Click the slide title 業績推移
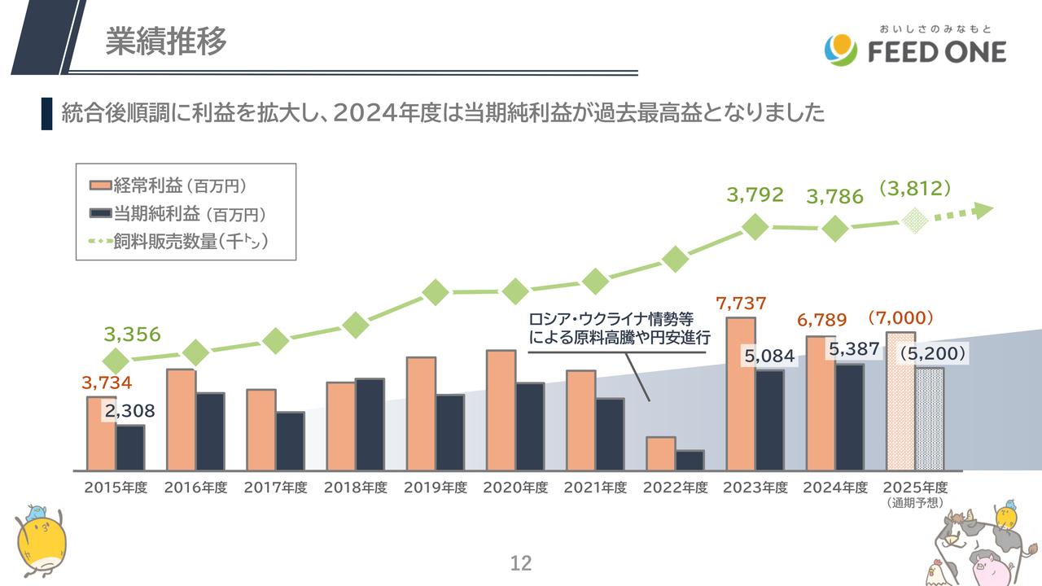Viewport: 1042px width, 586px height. (x=166, y=42)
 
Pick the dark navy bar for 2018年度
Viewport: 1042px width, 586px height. (x=370, y=424)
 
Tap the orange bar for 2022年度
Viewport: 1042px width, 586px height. (x=660, y=453)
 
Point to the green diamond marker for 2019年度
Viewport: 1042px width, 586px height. (x=436, y=291)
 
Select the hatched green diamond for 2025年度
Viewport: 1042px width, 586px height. (x=916, y=220)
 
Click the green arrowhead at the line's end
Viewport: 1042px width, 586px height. (x=983, y=210)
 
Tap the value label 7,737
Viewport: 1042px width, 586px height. (x=741, y=304)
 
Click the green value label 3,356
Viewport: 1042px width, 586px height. (x=133, y=335)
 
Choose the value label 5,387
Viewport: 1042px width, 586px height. (x=854, y=349)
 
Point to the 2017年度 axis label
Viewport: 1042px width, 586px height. (x=276, y=488)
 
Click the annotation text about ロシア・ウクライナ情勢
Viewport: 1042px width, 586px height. (x=620, y=328)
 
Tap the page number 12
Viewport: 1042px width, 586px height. (x=520, y=562)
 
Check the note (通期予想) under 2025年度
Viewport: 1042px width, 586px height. (x=916, y=503)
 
